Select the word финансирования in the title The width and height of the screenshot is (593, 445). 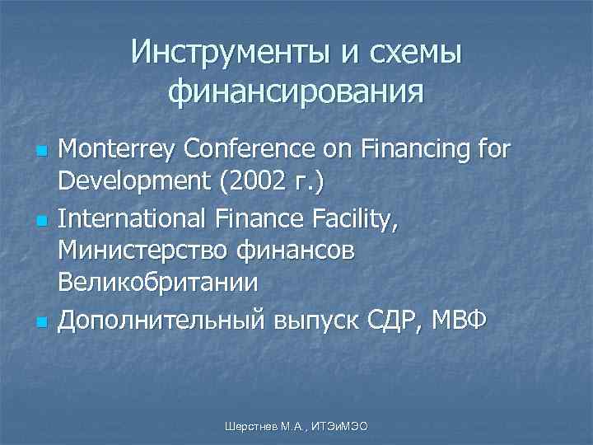click(x=296, y=90)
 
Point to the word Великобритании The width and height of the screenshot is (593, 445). click(x=157, y=283)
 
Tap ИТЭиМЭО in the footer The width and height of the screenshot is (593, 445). click(x=340, y=424)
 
